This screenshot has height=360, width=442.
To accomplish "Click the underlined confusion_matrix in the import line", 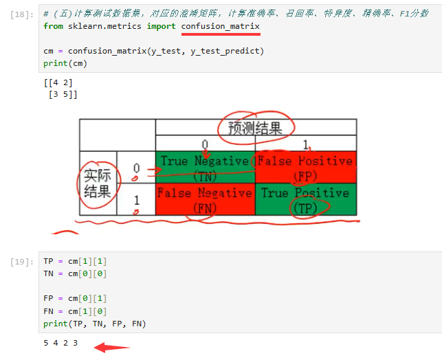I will (x=221, y=26).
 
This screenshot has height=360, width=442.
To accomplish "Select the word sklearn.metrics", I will (x=104, y=26).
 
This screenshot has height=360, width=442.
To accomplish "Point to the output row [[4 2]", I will (x=58, y=83).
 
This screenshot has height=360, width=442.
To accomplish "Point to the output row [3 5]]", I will (x=61, y=94).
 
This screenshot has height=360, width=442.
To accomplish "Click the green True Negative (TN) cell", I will (x=204, y=167).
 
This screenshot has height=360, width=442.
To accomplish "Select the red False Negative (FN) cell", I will (x=204, y=199).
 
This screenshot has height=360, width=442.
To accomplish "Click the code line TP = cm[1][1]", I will (x=75, y=262).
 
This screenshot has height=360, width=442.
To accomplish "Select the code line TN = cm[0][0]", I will (x=75, y=273).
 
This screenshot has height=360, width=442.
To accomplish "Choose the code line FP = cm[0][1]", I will (x=75, y=300).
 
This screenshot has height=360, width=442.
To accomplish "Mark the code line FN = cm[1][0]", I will (x=75, y=311).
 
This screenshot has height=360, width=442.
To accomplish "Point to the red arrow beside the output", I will (x=110, y=346).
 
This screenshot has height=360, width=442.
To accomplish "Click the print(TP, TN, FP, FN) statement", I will (x=94, y=324).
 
